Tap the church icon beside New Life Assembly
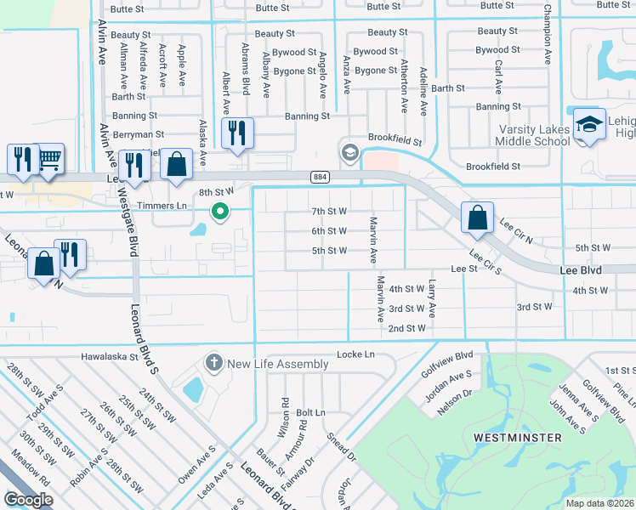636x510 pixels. (x=213, y=363)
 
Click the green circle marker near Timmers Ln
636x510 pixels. (x=220, y=211)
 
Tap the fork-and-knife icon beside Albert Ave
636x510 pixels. (x=236, y=132)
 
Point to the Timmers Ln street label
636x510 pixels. (x=169, y=206)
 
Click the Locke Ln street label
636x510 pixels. (x=355, y=354)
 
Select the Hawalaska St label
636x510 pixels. (x=110, y=357)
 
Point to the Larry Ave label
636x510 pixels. (x=432, y=300)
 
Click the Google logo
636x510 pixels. (x=28, y=500)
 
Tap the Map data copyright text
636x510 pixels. (x=599, y=503)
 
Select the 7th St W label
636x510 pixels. (x=328, y=211)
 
